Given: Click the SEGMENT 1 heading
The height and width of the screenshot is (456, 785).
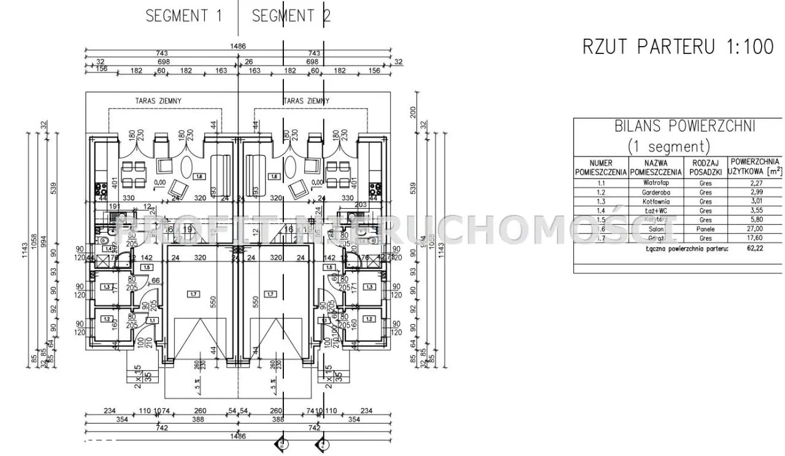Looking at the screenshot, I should coord(184,16).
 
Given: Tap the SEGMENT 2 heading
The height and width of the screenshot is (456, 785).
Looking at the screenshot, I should coord(291,16).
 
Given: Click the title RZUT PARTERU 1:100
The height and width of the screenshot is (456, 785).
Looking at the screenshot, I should coord(678,47).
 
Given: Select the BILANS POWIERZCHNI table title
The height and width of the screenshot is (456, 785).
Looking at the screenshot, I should coord(685,126).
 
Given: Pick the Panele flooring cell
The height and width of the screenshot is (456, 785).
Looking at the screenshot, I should coord(706,228).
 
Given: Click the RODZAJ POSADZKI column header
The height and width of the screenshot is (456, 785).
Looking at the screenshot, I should coord(706,168).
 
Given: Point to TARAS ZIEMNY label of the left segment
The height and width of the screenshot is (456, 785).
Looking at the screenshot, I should coord(158,101).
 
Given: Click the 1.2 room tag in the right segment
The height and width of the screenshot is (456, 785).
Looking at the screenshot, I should coord(369,319).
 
